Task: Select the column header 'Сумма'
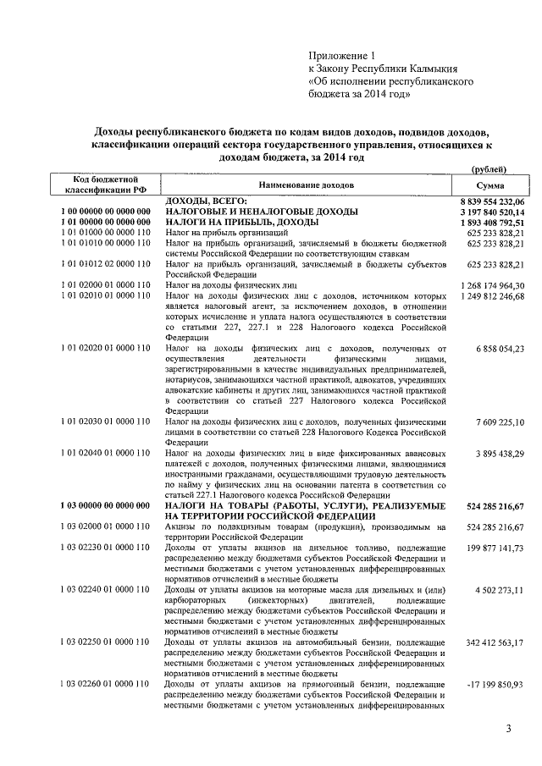coord(490,185)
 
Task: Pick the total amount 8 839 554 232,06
coord(492,200)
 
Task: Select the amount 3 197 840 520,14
coord(492,211)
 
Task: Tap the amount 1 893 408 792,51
coord(492,222)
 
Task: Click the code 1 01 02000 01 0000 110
coord(105,285)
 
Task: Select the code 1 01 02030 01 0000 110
coord(105,421)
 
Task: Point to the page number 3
coord(508,729)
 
